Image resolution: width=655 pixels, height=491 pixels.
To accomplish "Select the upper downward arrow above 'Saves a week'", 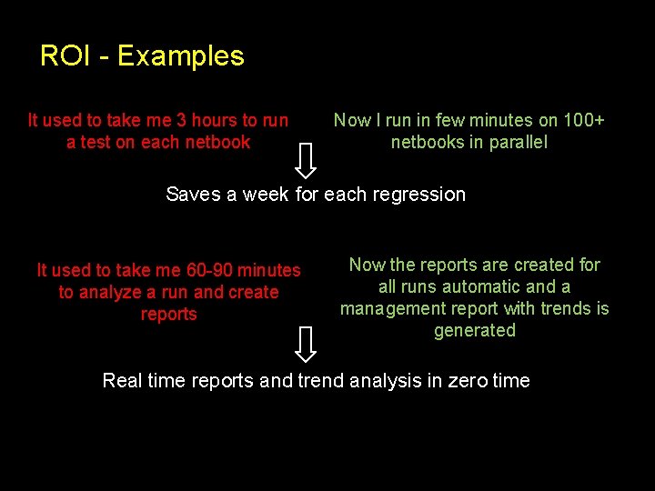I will (x=307, y=159).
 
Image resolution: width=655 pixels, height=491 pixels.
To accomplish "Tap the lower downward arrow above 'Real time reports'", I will (x=307, y=344).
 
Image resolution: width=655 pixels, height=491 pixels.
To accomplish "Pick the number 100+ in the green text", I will (x=584, y=120).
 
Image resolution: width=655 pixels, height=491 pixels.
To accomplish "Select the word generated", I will (x=475, y=330).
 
